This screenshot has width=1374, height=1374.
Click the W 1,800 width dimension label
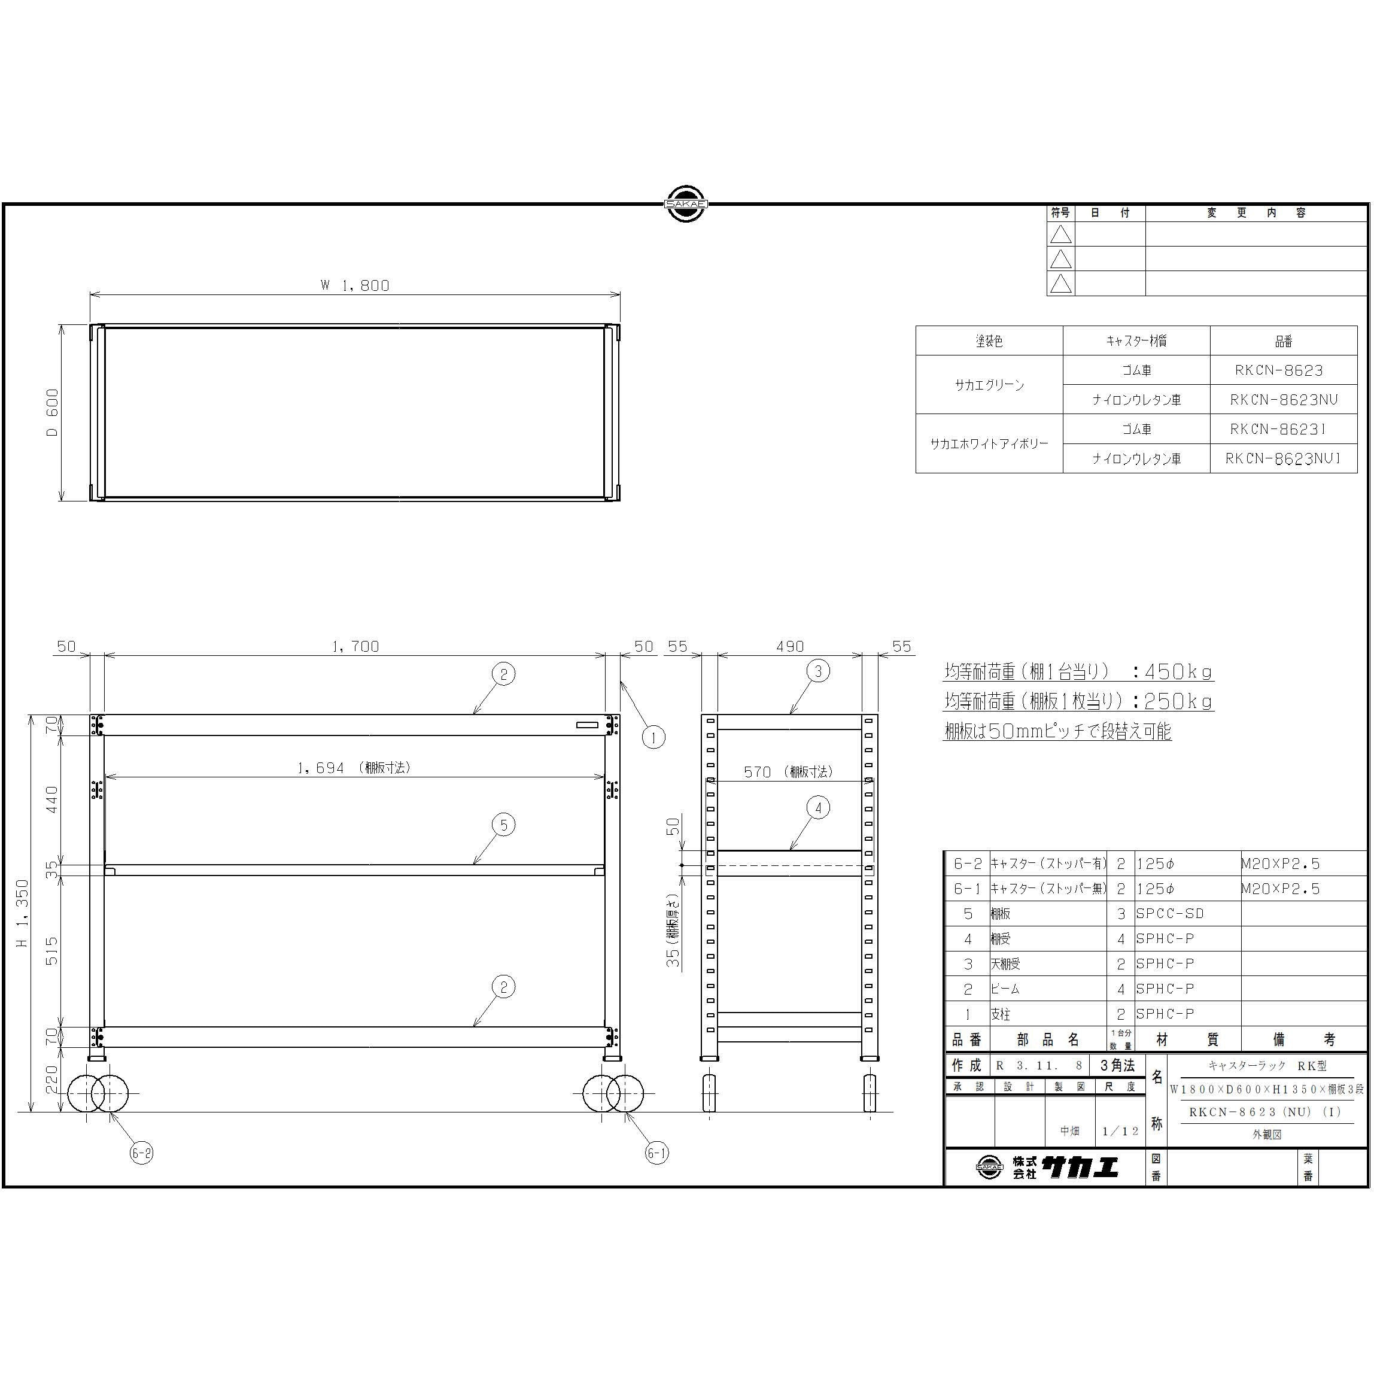[x=355, y=285]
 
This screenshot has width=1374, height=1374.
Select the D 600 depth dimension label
[x=53, y=412]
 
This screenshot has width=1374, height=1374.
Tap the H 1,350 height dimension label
[x=23, y=913]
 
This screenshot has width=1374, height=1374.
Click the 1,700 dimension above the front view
[x=355, y=646]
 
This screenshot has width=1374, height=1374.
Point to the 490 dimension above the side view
[x=790, y=646]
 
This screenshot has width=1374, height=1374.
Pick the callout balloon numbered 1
[x=653, y=737]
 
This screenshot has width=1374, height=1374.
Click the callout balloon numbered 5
[x=503, y=825]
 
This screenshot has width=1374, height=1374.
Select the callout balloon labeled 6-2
[x=141, y=1153]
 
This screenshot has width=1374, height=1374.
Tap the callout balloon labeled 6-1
[x=656, y=1153]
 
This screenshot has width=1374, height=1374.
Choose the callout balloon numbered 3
[x=818, y=671]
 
